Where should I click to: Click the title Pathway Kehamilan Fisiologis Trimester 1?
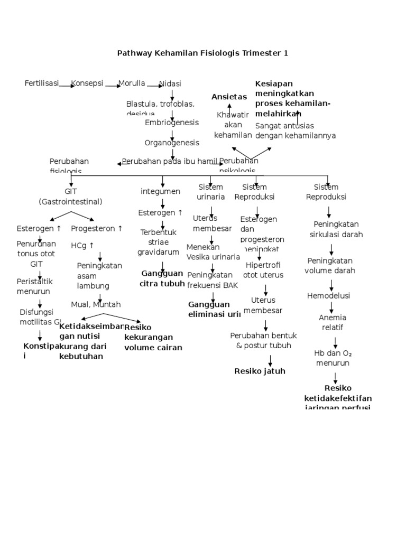(x=202, y=53)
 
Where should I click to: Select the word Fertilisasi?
(x=42, y=83)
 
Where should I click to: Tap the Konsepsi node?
(x=87, y=83)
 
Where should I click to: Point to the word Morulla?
(x=132, y=83)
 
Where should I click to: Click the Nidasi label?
(x=170, y=83)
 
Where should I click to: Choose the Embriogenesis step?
(x=172, y=123)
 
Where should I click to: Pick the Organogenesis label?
(x=172, y=143)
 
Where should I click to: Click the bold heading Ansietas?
(x=229, y=97)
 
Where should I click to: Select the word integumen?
(x=161, y=191)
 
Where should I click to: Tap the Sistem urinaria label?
(x=210, y=192)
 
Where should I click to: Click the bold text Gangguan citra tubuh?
(x=162, y=278)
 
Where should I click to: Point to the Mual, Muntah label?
(x=96, y=304)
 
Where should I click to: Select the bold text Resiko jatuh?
(x=260, y=371)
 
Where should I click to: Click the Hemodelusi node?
(x=329, y=296)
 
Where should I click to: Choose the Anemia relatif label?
(x=333, y=322)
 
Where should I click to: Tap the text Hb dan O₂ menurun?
(x=334, y=358)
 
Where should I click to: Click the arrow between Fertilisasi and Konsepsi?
(x=67, y=85)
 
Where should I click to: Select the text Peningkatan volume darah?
(x=330, y=266)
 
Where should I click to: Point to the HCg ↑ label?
(x=82, y=245)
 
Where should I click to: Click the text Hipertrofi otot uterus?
(x=263, y=270)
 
